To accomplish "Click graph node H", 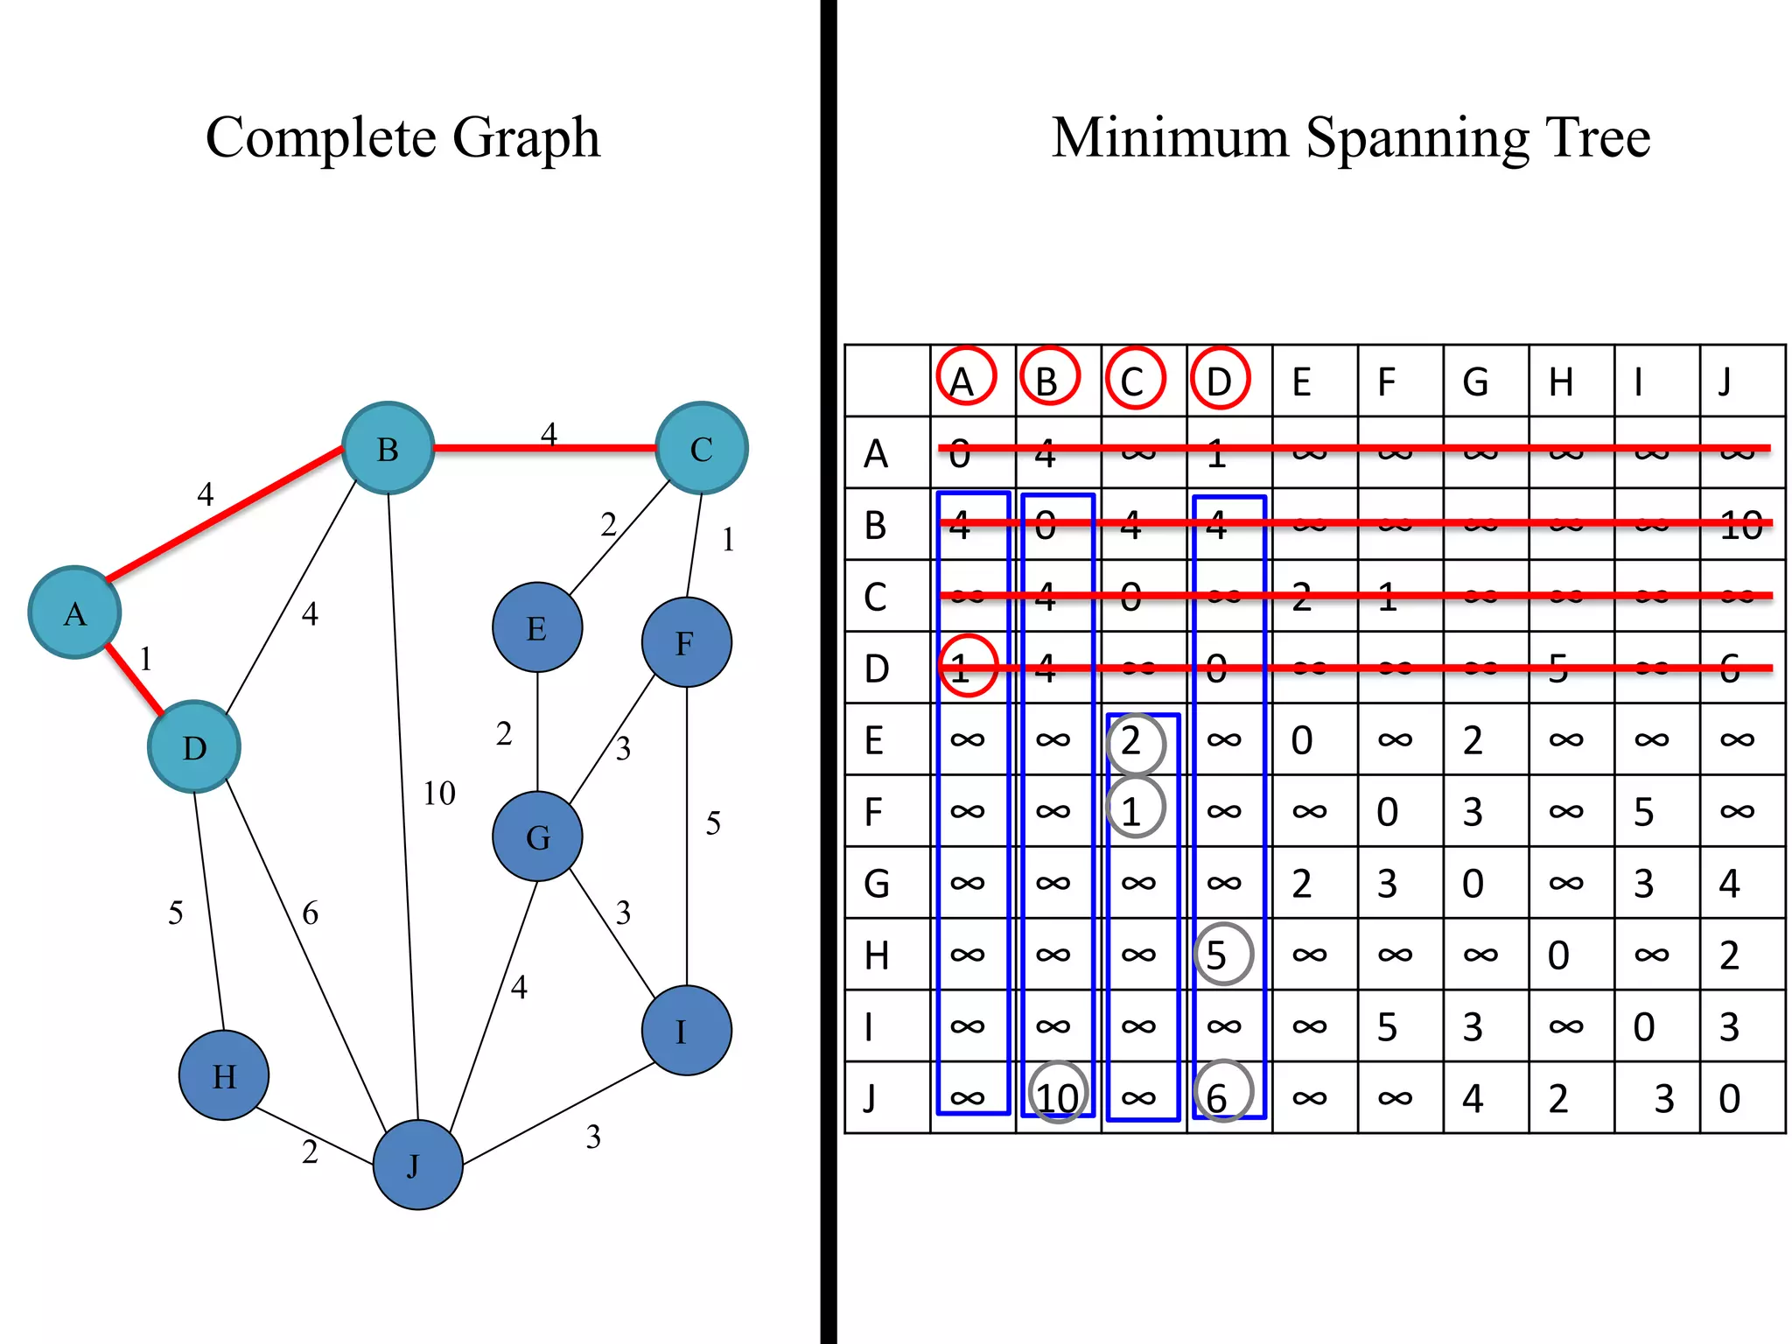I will tap(223, 1074).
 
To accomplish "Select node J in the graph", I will tap(417, 1164).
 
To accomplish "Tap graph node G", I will tap(537, 836).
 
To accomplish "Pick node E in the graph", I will tap(537, 627).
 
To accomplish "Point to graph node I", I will tap(686, 1031).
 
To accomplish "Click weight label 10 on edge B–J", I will tap(439, 794).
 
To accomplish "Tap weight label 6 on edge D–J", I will tap(310, 913).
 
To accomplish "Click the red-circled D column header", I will tap(1219, 379).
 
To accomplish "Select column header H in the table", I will tap(1561, 382).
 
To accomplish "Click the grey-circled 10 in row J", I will tap(1058, 1095).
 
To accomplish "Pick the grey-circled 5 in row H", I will tap(1222, 954).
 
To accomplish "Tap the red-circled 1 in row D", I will tap(967, 667).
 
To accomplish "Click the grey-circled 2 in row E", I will tap(1135, 742).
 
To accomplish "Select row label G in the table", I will tap(876, 883).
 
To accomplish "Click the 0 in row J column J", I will tap(1729, 1098).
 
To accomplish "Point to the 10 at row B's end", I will tap(1739, 525).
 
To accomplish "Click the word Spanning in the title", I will tap(1417, 138).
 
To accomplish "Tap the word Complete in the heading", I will tap(320, 138).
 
